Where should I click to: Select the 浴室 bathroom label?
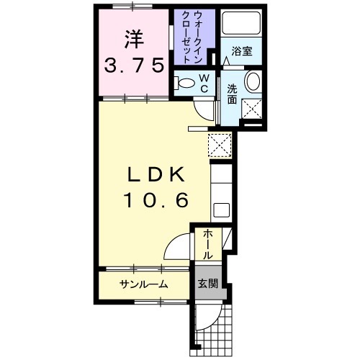(241, 52)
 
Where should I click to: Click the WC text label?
(204, 83)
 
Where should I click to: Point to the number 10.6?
(156, 199)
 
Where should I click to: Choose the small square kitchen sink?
(222, 210)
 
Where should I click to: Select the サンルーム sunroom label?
(144, 284)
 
